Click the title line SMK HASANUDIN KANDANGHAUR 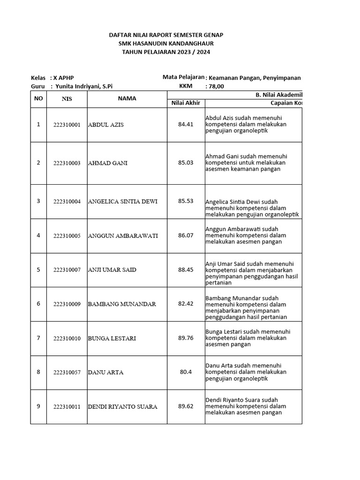pos(166,44)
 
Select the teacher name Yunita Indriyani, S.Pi pos(84,86)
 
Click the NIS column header pos(67,99)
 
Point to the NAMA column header pos(127,98)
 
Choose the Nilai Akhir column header pos(186,103)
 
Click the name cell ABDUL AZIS pos(106,125)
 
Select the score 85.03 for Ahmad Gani pos(186,163)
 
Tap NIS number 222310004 pos(67,202)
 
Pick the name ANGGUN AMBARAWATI pos(116,236)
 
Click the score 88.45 pos(186,270)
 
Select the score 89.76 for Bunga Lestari pos(186,338)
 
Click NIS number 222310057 pos(67,373)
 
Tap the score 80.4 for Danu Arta pos(186,372)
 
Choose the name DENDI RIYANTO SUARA pos(122,407)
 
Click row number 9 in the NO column pos(38,406)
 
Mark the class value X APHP pos(63,78)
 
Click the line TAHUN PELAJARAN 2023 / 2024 pos(166,52)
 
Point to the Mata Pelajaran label pos(183,77)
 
